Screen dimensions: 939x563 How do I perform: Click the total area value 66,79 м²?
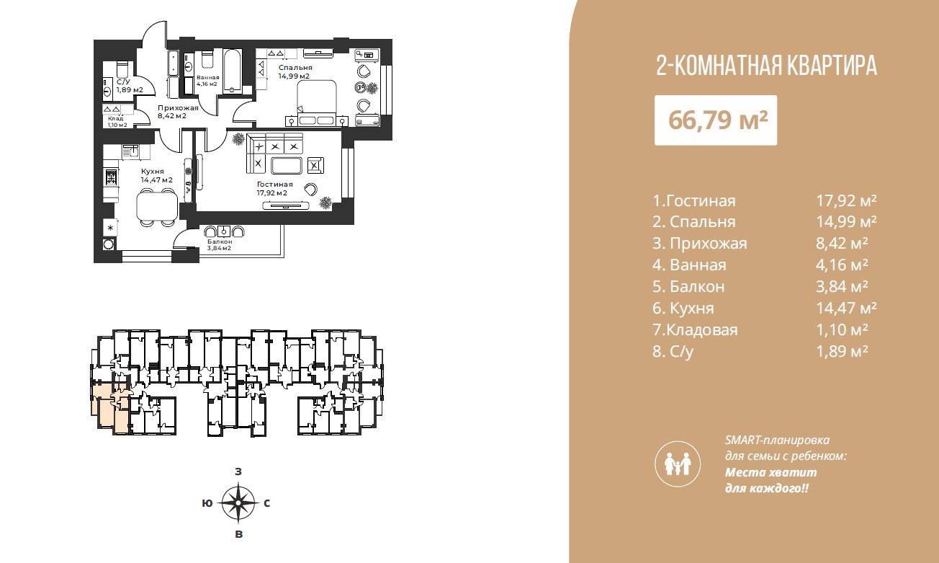tap(718, 120)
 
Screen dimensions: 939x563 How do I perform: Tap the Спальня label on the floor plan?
tap(295, 68)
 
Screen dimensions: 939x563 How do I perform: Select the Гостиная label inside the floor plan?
tap(274, 184)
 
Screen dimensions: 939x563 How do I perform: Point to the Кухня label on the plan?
tap(153, 171)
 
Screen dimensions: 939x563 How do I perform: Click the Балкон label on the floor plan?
tap(220, 241)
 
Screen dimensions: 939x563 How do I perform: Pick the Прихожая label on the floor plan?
tap(178, 108)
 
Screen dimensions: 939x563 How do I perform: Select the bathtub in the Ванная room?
tap(232, 71)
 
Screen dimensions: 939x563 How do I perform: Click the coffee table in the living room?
tap(287, 165)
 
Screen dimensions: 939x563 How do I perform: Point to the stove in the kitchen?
tap(111, 178)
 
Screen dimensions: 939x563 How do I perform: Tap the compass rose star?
tap(238, 502)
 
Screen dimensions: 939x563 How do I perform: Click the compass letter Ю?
tap(207, 503)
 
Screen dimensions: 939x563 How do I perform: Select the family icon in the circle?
tap(678, 464)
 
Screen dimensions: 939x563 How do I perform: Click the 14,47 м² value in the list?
tap(846, 308)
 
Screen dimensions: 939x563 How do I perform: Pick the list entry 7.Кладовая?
tap(695, 329)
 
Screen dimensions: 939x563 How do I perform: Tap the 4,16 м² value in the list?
tap(842, 265)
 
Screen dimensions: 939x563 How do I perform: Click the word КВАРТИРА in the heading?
tap(823, 66)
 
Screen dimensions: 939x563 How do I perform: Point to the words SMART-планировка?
tap(777, 440)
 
